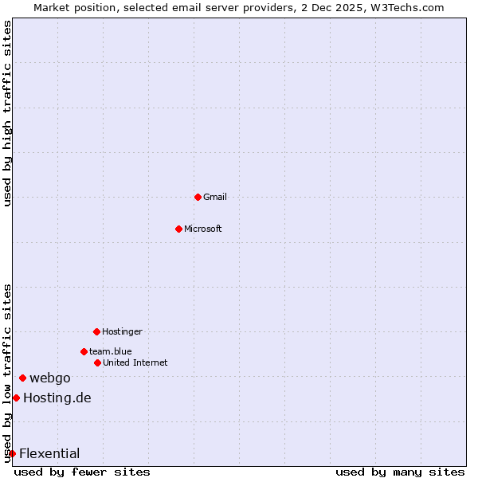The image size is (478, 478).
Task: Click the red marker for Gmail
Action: tap(198, 197)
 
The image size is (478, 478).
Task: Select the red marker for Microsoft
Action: tap(179, 229)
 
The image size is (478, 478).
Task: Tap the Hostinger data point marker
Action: tap(96, 331)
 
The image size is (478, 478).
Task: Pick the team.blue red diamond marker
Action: tap(84, 351)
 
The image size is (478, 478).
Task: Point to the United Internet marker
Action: tap(97, 362)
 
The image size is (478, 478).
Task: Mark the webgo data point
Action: tap(22, 378)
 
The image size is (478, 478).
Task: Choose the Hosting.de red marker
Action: tap(16, 398)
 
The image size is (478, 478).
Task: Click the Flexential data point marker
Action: tap(12, 453)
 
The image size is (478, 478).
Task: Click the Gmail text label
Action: tap(215, 197)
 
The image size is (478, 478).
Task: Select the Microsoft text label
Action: tap(203, 229)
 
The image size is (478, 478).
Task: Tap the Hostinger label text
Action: tap(122, 331)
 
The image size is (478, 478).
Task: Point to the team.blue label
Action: tap(111, 351)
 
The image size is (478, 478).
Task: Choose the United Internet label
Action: tap(135, 362)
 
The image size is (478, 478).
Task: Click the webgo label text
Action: tap(50, 378)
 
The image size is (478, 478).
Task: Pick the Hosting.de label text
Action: tap(57, 398)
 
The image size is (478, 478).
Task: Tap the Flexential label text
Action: tap(49, 453)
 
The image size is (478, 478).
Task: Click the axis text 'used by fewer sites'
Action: tap(82, 472)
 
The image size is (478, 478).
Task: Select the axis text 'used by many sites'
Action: tap(400, 472)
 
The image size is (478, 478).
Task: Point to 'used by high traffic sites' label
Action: tap(7, 113)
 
